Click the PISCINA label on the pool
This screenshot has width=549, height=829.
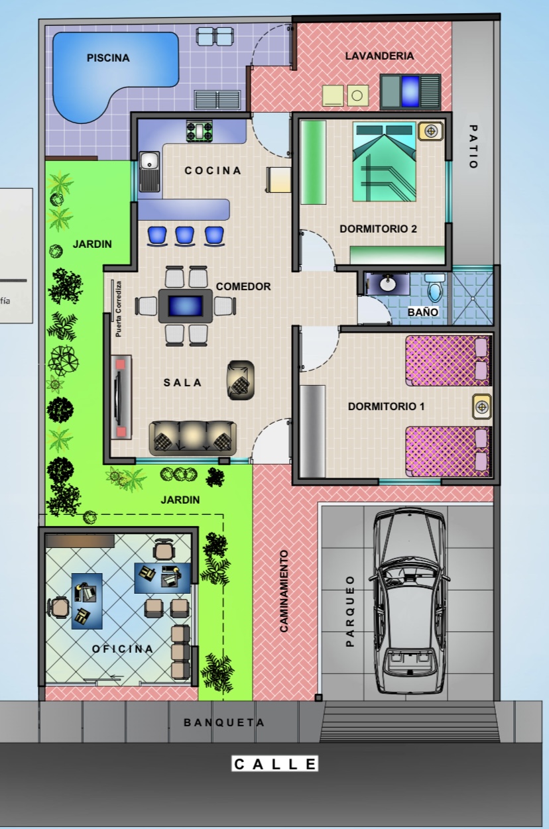point(108,58)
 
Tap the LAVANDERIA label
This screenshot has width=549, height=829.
point(379,56)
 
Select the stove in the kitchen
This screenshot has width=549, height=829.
point(199,129)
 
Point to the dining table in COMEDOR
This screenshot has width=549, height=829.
point(185,306)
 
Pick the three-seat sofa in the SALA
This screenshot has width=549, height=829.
point(193,436)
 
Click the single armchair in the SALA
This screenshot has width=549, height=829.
point(240,380)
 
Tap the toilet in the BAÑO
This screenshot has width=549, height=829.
point(435,288)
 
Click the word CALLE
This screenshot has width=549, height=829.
point(275,764)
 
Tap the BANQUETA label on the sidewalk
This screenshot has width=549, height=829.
point(224,722)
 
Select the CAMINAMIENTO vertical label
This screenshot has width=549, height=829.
point(284,590)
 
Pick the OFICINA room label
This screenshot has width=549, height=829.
point(123,649)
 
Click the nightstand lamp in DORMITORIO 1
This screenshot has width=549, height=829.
point(481,406)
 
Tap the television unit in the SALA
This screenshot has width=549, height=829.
point(121,396)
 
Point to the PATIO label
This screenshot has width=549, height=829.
point(472,147)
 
